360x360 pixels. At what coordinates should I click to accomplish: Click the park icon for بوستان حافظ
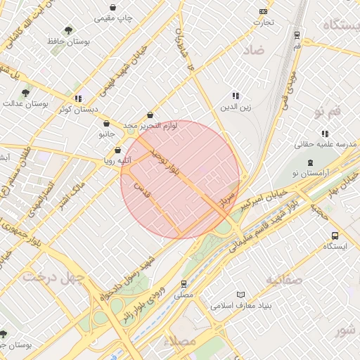click(67, 30)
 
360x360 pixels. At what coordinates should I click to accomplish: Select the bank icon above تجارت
click(264, 11)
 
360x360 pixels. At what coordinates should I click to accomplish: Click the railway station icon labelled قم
click(297, 34)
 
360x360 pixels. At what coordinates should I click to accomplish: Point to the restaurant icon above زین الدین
click(236, 96)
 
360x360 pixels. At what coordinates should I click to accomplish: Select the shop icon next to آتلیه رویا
click(117, 150)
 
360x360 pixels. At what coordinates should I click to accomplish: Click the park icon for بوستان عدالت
click(25, 92)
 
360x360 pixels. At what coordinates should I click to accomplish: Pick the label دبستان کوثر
click(77, 110)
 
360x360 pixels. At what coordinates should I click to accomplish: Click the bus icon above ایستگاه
click(334, 236)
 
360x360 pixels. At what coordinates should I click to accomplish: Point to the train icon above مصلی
click(184, 284)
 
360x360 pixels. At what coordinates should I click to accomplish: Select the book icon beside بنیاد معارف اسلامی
click(242, 294)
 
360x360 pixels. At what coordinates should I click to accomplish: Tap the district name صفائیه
click(283, 280)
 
